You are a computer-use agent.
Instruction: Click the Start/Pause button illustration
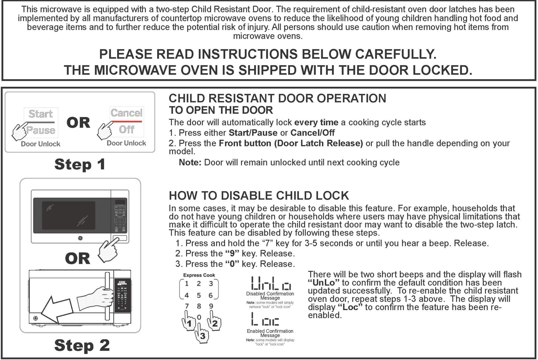click(x=41, y=122)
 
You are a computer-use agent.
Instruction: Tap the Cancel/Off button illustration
click(x=126, y=121)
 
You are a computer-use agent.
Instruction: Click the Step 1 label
click(x=80, y=164)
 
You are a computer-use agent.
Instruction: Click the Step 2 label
click(x=82, y=345)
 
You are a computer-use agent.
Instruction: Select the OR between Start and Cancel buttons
click(x=78, y=123)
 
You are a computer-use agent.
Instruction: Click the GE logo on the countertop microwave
click(x=80, y=238)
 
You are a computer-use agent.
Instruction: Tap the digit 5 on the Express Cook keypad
click(x=199, y=295)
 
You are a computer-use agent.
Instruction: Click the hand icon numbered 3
click(x=201, y=334)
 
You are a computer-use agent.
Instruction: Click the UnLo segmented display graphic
click(x=271, y=283)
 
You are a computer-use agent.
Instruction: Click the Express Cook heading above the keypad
click(x=199, y=275)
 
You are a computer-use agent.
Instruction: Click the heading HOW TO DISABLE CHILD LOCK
click(x=259, y=196)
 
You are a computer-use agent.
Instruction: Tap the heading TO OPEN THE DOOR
click(x=221, y=110)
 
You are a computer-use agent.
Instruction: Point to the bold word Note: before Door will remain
click(x=190, y=163)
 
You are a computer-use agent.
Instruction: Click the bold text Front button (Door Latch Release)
click(x=291, y=143)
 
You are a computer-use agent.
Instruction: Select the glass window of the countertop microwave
click(x=69, y=215)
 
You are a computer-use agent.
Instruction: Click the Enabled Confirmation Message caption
click(x=270, y=333)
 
